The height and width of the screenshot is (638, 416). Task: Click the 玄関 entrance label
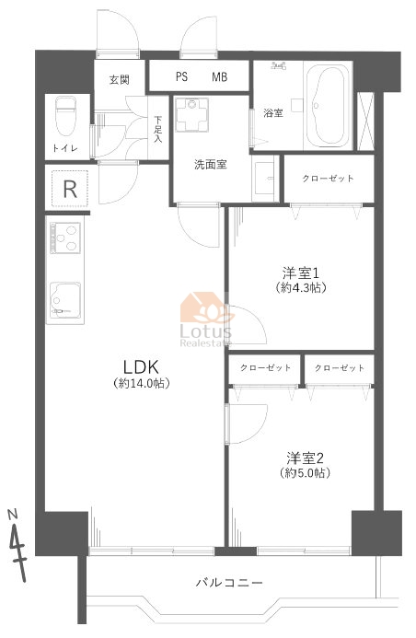[120, 80]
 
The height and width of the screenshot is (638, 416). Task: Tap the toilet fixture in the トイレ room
[66, 116]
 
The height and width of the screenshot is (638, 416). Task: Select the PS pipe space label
[181, 76]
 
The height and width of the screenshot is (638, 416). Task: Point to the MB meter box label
[219, 76]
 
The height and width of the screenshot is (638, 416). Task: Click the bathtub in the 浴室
[328, 107]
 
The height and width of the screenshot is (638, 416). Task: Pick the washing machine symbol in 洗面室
[192, 115]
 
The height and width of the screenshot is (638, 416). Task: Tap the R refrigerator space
[70, 189]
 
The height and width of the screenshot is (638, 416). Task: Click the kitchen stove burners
[65, 238]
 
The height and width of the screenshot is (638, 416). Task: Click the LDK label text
[141, 367]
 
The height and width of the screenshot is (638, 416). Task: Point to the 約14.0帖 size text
[141, 383]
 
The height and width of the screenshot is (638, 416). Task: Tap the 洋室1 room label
[301, 273]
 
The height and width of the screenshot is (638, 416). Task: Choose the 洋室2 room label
[305, 458]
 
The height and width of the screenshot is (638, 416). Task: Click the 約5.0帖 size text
[305, 473]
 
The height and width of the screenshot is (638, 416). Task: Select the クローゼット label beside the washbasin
[328, 179]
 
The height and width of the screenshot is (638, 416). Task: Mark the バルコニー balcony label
[229, 583]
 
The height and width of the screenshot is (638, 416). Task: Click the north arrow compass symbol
[17, 544]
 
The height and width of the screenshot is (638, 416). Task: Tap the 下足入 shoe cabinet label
[157, 130]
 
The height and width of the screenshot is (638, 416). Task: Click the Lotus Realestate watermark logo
[206, 319]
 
